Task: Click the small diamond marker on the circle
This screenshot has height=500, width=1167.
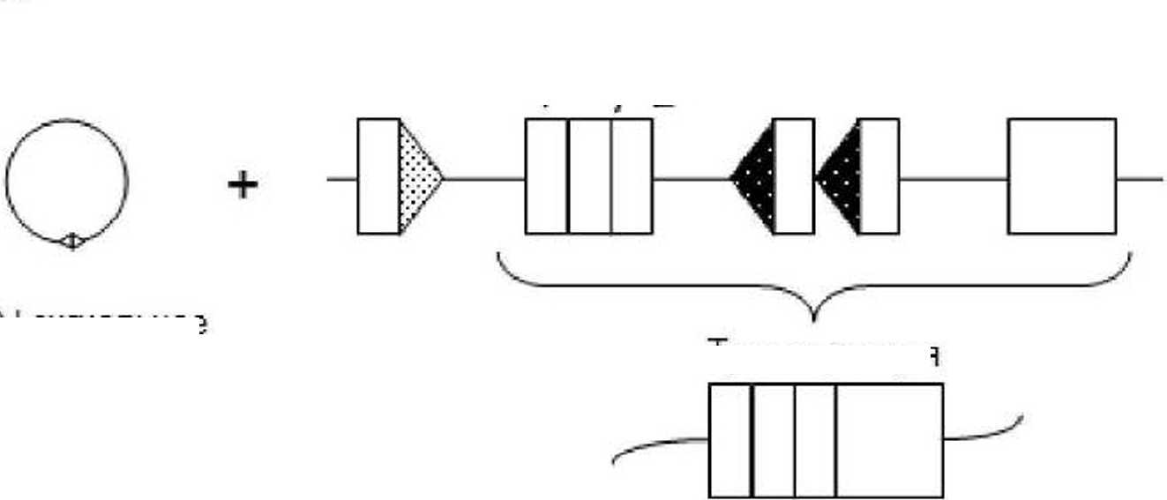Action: [73, 240]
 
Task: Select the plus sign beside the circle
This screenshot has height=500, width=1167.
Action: [243, 185]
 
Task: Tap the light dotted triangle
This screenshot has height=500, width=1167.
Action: [416, 177]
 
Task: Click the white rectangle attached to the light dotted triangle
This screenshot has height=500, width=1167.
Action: [378, 176]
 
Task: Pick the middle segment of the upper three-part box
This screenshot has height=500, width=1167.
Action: [589, 176]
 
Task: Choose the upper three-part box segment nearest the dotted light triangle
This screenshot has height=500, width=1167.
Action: [547, 176]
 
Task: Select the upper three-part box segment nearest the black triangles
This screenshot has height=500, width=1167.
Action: [632, 176]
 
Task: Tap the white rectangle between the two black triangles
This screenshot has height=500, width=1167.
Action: [794, 176]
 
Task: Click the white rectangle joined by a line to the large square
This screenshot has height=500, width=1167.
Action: [879, 176]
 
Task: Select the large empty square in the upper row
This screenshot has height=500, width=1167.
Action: [1062, 176]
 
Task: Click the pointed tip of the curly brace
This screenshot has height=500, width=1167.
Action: [814, 320]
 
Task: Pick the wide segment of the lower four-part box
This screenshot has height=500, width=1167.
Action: [889, 440]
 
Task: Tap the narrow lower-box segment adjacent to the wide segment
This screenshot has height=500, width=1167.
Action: [815, 440]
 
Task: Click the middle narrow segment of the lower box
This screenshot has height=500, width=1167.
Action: [773, 440]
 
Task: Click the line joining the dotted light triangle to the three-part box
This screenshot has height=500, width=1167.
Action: [484, 179]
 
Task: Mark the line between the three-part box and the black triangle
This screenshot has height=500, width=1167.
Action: [692, 179]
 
